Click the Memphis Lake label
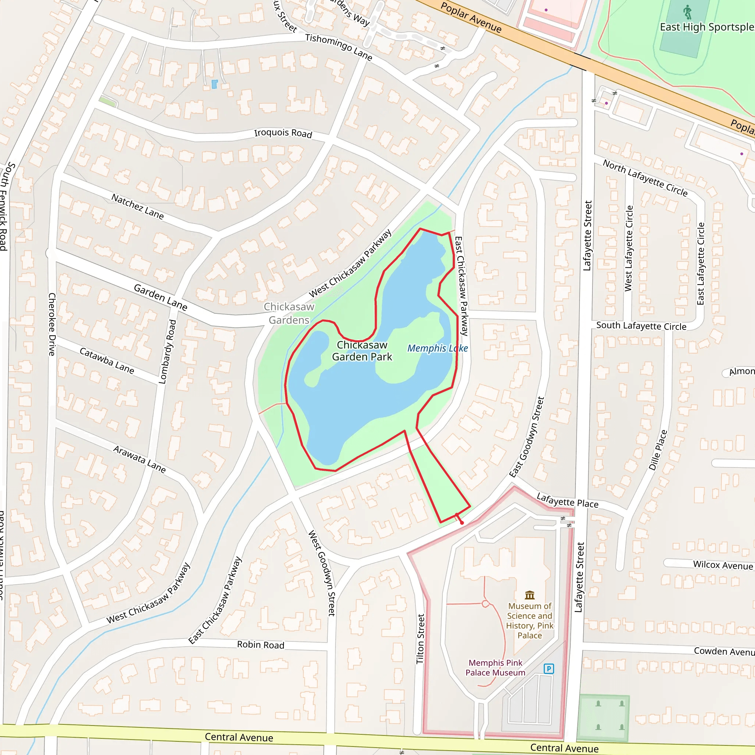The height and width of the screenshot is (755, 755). click(x=437, y=348)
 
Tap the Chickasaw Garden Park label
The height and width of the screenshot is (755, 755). click(x=362, y=351)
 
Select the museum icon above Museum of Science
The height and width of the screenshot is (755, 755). click(x=530, y=595)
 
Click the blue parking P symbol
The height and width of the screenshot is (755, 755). click(x=549, y=669)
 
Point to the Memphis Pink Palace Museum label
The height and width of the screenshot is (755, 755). click(x=495, y=668)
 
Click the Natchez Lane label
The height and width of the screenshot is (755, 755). click(x=138, y=206)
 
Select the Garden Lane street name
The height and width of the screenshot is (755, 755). click(x=160, y=297)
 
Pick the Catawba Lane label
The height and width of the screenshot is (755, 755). click(x=107, y=360)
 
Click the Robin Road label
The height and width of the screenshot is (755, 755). click(x=260, y=645)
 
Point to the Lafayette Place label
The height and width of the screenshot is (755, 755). click(x=567, y=500)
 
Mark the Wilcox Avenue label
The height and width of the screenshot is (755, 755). click(x=723, y=565)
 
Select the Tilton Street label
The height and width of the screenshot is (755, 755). click(x=421, y=639)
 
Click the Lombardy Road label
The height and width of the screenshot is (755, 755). click(x=168, y=352)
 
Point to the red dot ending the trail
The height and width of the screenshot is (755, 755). click(x=462, y=523)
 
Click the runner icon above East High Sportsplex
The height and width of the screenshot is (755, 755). click(x=688, y=12)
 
